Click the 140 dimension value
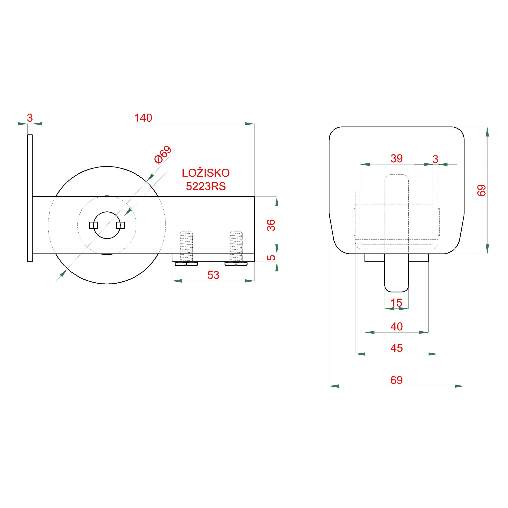point(143,118)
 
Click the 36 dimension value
point(271,225)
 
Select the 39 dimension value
point(396,159)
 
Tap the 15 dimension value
point(396,303)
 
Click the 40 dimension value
point(396,327)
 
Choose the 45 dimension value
point(396,348)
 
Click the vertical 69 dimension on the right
point(482,190)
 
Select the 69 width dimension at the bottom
point(396,380)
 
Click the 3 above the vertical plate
point(30,118)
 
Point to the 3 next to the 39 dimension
point(435,159)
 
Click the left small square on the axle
point(93,225)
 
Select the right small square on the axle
point(120,225)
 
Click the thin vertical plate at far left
point(30,198)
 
